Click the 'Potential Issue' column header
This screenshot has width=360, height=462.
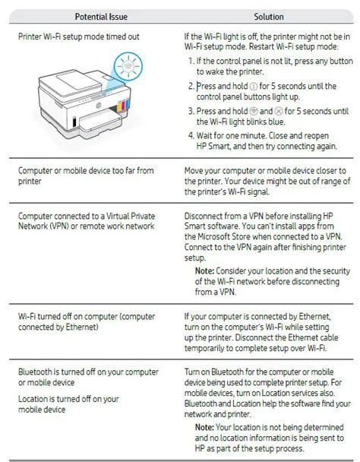[101, 17]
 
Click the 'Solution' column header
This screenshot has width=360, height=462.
[269, 17]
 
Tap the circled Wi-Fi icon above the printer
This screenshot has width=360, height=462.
[128, 66]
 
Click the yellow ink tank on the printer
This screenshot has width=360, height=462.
[119, 106]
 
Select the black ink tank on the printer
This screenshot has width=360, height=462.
[74, 122]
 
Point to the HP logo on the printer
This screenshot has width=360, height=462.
[99, 105]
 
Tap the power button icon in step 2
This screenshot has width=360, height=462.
[254, 87]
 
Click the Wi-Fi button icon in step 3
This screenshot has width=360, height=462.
[254, 111]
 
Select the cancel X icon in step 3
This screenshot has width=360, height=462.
[279, 111]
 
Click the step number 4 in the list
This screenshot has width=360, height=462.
[191, 135]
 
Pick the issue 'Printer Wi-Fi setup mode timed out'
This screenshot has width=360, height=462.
[79, 36]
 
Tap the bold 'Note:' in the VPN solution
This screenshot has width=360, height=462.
[205, 271]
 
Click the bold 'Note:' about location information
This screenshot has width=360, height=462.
[204, 427]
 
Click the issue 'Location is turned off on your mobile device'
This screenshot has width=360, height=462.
[68, 404]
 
